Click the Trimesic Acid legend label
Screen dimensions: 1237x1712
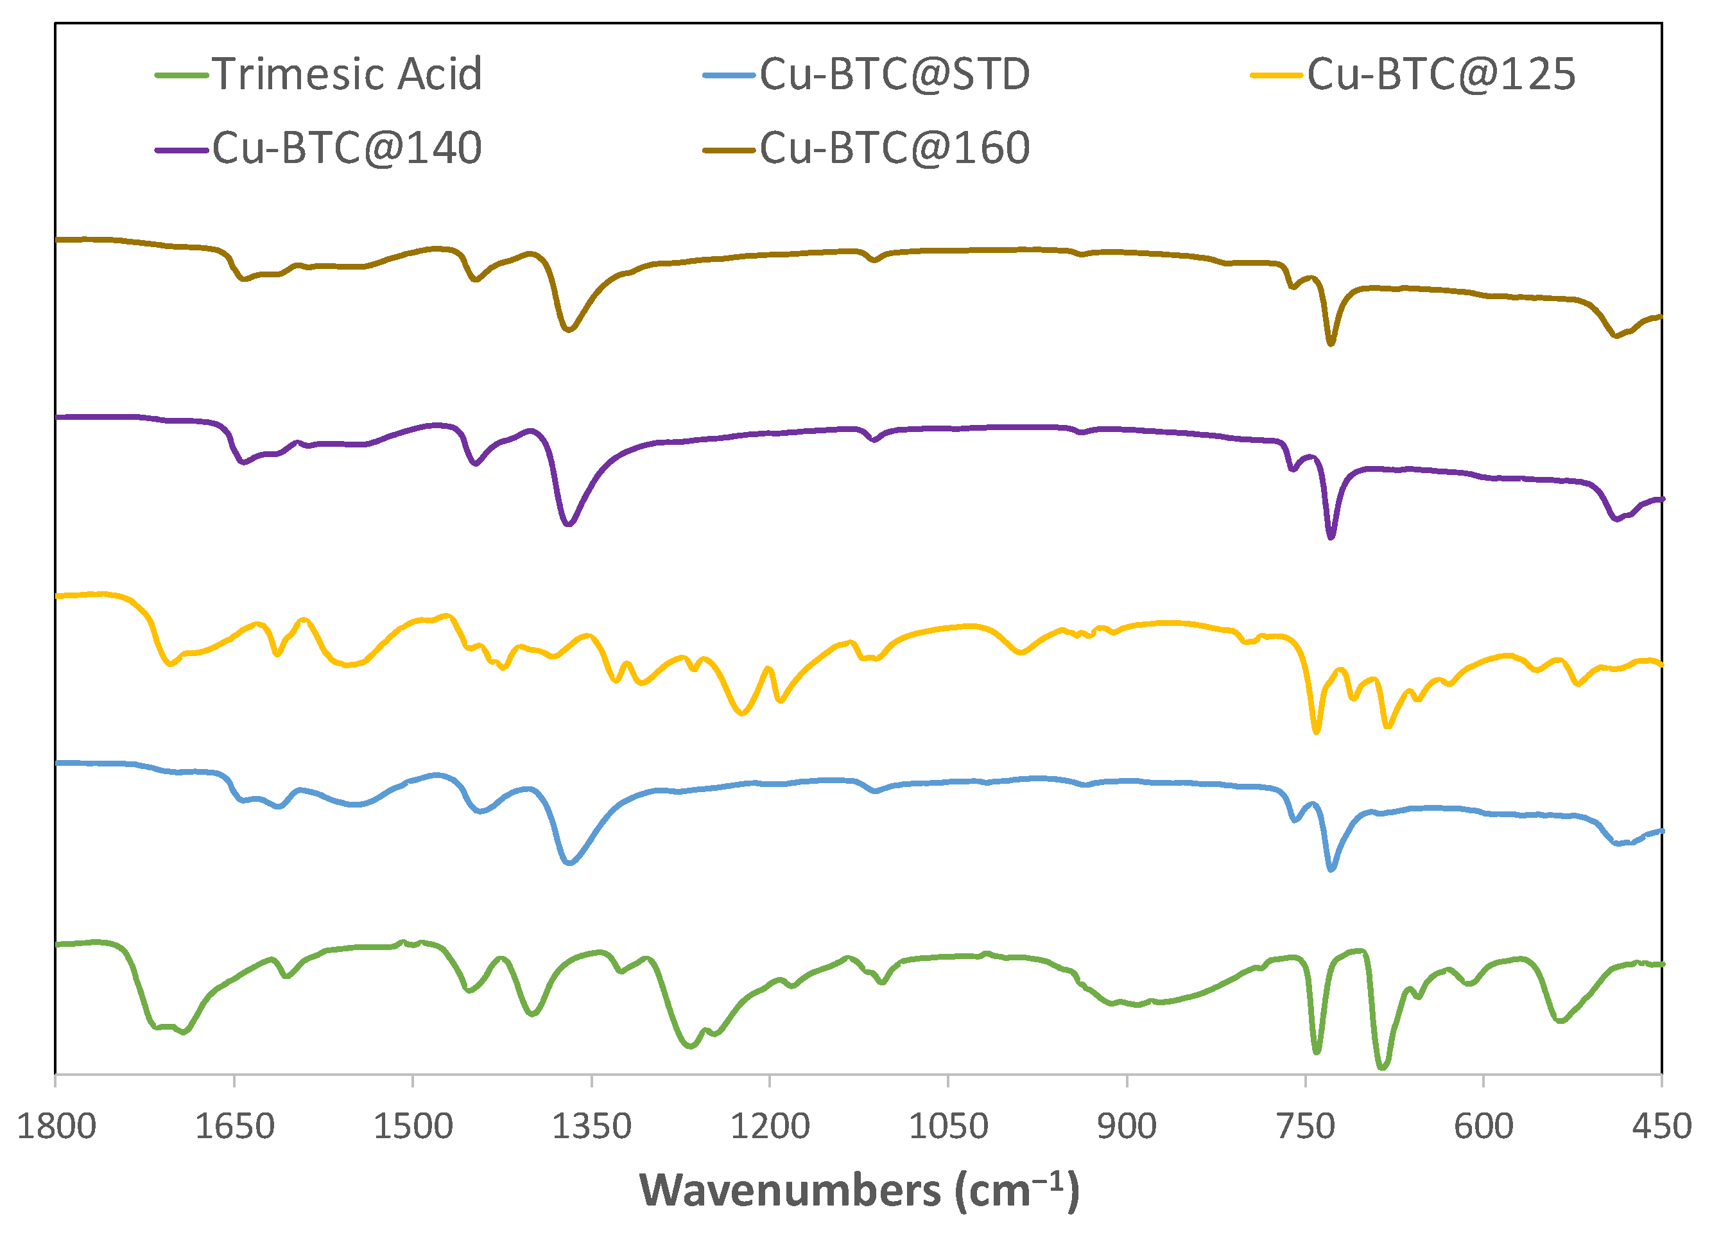(347, 74)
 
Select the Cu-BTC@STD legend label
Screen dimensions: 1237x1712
(894, 74)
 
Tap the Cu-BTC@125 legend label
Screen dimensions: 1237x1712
(1441, 74)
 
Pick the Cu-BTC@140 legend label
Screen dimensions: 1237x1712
(347, 147)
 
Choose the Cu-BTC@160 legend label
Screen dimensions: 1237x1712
(894, 147)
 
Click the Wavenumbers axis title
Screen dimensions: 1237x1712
(859, 1191)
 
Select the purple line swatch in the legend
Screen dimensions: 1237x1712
(181, 150)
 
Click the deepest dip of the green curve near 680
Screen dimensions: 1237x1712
(1382, 1067)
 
